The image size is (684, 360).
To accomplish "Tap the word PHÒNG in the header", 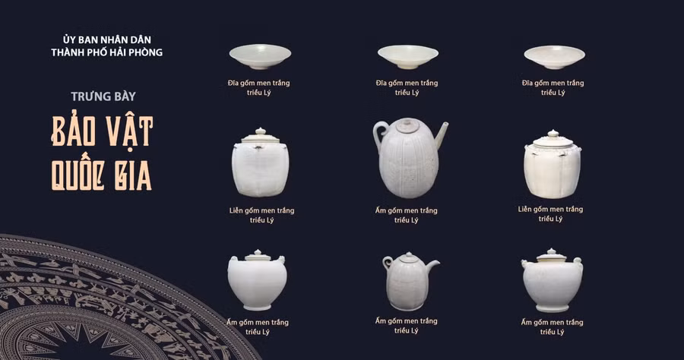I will pyautogui.click(x=147, y=52).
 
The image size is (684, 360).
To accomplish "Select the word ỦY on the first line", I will pyautogui.click(x=71, y=39).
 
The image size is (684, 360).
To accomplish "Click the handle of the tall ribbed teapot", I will pyautogui.click(x=378, y=134).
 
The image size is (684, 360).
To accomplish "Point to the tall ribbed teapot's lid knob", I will pyautogui.click(x=407, y=120).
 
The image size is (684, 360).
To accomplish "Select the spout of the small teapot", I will pyautogui.click(x=434, y=264).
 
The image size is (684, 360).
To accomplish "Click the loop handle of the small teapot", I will pyautogui.click(x=388, y=264).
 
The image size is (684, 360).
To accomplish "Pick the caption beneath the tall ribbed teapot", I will pyautogui.click(x=407, y=215).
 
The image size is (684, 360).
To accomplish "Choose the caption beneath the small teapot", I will pyautogui.click(x=407, y=325).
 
